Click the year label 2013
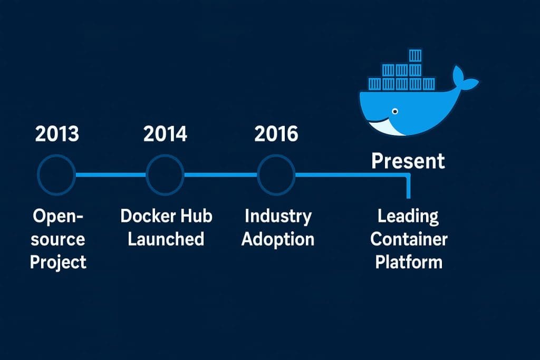point(57,134)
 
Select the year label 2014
point(165,134)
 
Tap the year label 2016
point(276,134)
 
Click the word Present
point(408,161)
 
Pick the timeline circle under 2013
point(57,175)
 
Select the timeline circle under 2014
point(165,175)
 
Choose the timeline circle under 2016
point(276,175)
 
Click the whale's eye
point(394,111)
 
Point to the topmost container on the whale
point(416,56)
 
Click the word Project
point(58,262)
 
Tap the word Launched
point(166,239)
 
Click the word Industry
point(278,216)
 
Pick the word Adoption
point(278,239)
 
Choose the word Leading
point(408,216)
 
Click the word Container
point(409,239)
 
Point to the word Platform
point(409,262)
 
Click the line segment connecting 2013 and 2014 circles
point(111,175)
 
